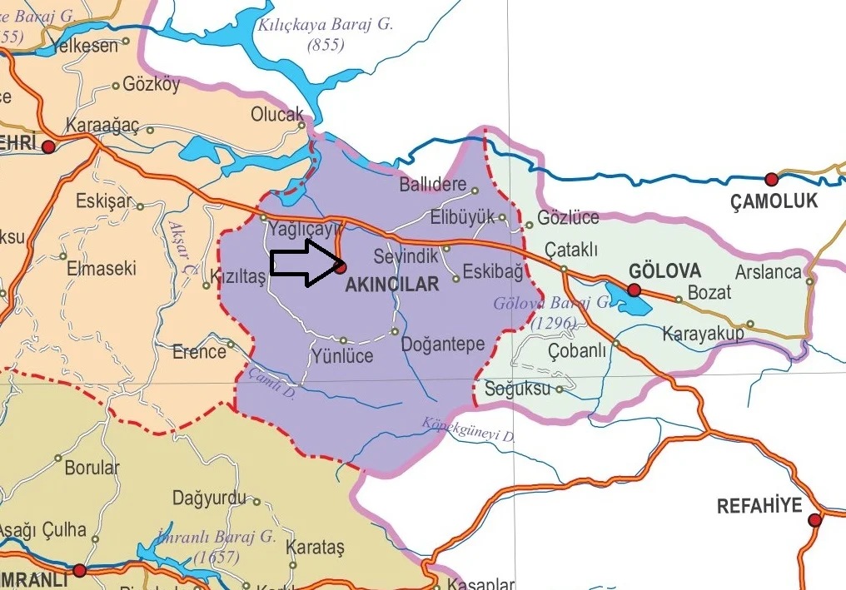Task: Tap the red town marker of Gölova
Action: pos(634,290)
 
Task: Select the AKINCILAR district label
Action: pos(391,285)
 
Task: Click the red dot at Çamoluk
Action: pos(771,179)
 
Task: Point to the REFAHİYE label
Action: pos(759,506)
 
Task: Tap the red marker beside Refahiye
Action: pos(814,521)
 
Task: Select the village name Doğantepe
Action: pos(442,344)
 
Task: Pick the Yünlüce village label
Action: pos(341,357)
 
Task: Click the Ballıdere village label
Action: pos(432,184)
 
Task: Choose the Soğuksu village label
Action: pos(517,389)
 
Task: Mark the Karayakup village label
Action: pos(703,335)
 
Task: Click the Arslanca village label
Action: pos(768,272)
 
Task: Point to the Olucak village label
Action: pos(277,114)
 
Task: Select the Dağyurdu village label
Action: pos(209,498)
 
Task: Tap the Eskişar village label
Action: pos(103,201)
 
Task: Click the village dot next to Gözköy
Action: pos(116,86)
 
